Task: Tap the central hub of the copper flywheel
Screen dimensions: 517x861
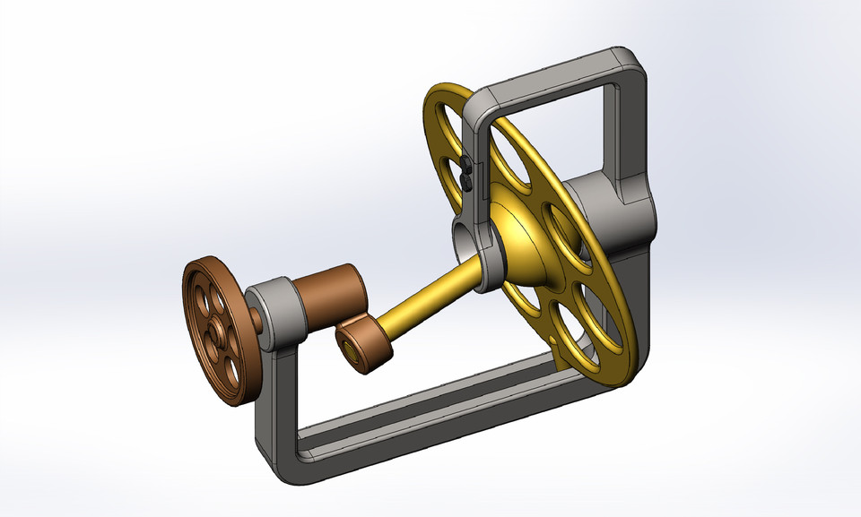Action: click(216, 331)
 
